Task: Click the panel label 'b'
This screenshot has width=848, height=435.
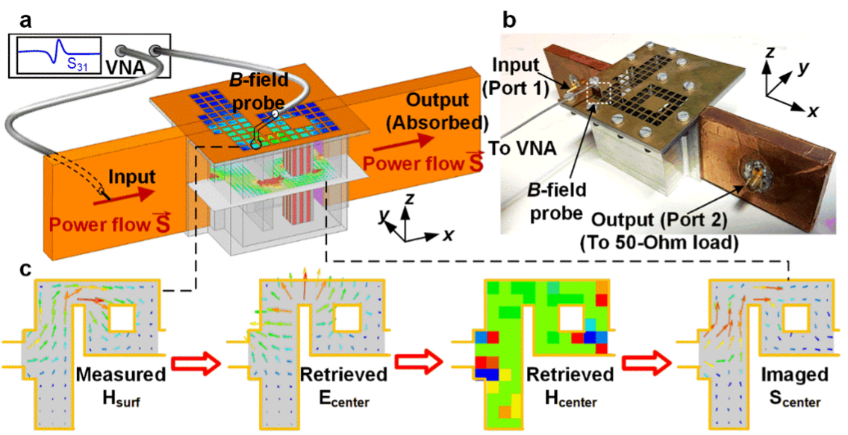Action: point(509,20)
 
